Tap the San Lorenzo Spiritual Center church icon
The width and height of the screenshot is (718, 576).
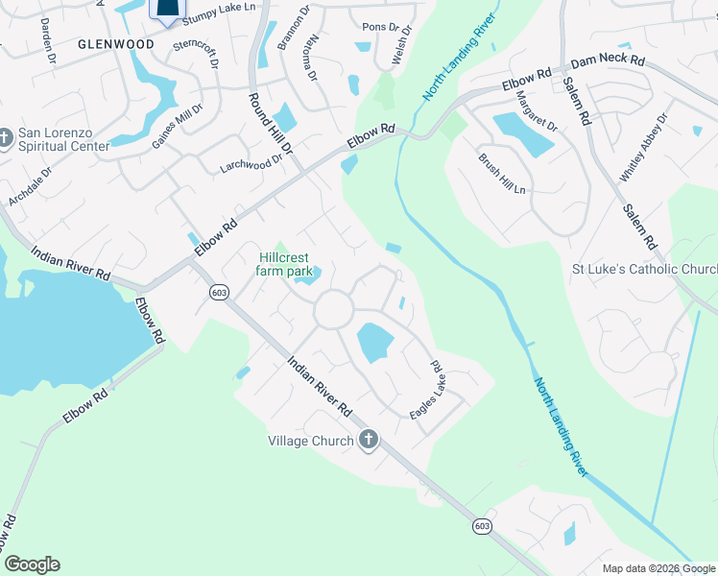point(7,140)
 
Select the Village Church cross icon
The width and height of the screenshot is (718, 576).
point(368,441)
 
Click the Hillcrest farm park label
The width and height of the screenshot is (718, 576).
point(281,264)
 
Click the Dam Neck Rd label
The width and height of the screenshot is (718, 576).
point(608,60)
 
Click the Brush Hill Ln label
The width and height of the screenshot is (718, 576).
point(503,174)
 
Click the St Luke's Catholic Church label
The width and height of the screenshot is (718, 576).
point(645,270)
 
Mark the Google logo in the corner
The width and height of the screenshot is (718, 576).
point(32,564)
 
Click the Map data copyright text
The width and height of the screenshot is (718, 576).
point(659,568)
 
